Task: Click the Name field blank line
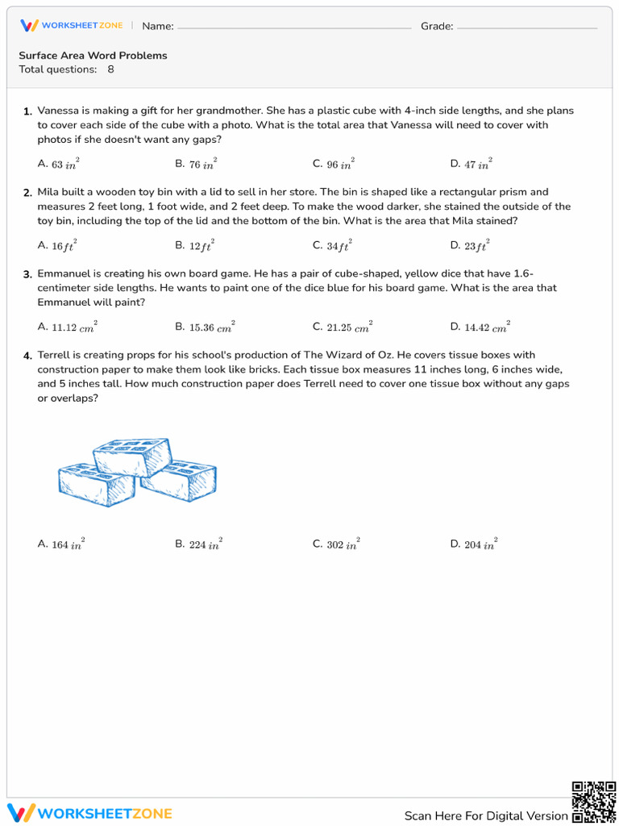(x=293, y=27)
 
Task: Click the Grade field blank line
(x=526, y=27)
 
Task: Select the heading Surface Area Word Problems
(x=93, y=56)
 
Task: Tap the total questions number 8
(x=110, y=69)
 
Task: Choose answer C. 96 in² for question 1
(x=333, y=164)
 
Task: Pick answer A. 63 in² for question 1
(x=58, y=164)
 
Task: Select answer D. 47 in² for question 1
(x=471, y=164)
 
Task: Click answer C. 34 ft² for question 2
(x=332, y=246)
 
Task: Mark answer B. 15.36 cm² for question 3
(x=205, y=327)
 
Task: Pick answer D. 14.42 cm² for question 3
(x=480, y=327)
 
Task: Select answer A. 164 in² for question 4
(x=60, y=544)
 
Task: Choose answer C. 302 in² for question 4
(x=336, y=544)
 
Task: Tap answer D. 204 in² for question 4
(x=473, y=544)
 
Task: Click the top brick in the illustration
(x=132, y=457)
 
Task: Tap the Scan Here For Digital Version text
(x=485, y=816)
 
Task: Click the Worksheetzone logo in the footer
(x=89, y=813)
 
